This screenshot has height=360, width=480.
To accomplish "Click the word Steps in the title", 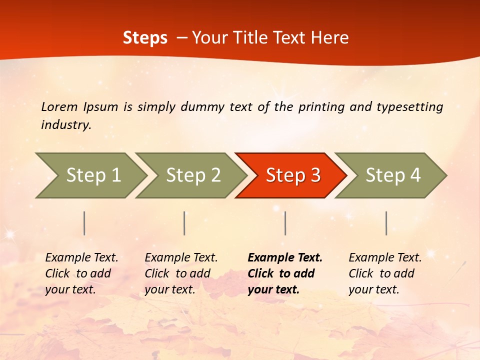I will [145, 38].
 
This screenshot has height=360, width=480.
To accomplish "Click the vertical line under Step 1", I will [84, 223].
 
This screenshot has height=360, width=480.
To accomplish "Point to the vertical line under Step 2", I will [184, 223].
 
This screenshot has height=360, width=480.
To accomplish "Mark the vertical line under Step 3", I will [285, 223].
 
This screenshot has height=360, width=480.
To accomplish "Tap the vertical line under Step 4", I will [386, 223].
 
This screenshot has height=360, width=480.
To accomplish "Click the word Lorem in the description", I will [59, 107].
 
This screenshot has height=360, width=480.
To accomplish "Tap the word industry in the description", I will [65, 125].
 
